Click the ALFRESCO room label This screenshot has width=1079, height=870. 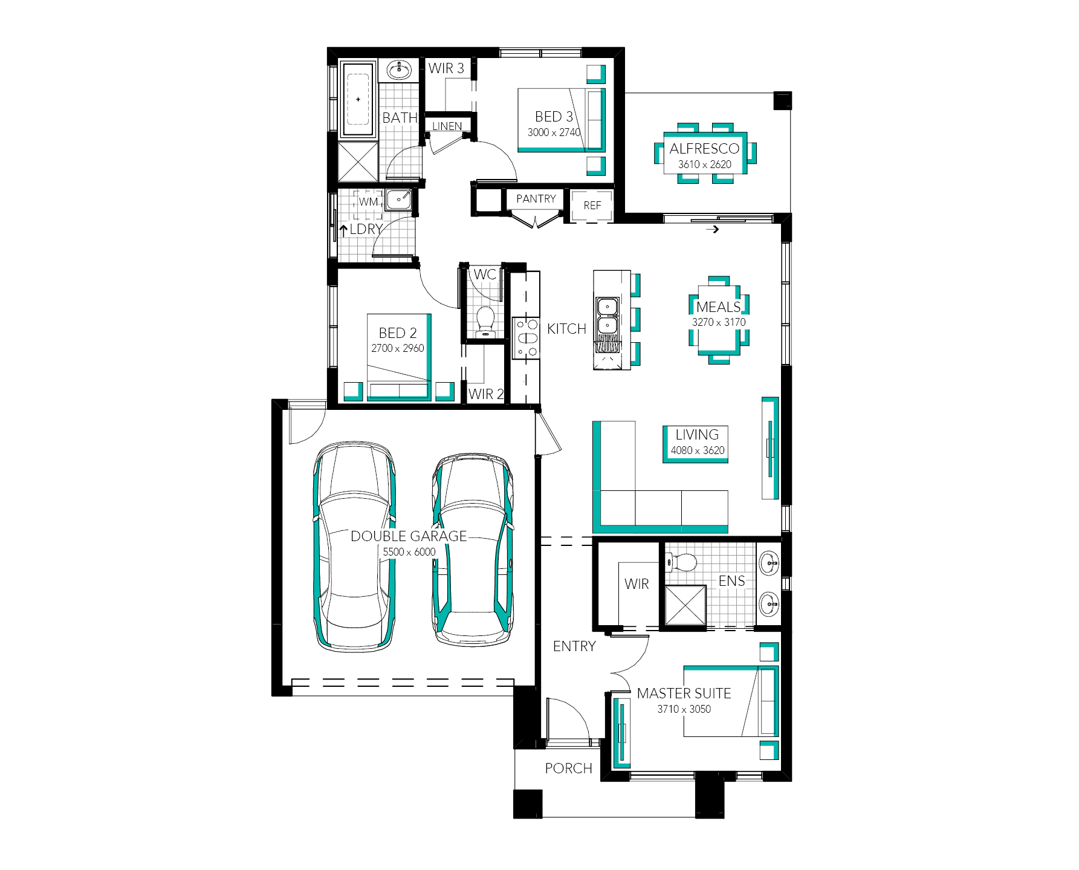tap(704, 148)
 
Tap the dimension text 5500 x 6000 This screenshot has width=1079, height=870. tap(409, 551)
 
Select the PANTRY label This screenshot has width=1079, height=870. tap(536, 198)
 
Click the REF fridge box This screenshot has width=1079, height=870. tap(592, 206)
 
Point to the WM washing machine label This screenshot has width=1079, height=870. tap(368, 202)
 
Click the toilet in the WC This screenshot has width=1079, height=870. tap(485, 321)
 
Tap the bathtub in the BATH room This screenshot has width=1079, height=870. tap(358, 99)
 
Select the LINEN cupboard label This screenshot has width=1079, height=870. tap(447, 126)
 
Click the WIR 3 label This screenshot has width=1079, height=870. tap(446, 68)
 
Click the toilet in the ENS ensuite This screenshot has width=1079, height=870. tap(681, 563)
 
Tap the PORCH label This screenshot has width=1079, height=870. tap(568, 768)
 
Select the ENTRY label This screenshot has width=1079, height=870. tap(574, 646)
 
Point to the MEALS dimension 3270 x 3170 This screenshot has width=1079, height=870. tap(719, 322)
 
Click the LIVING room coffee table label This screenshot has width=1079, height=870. tap(697, 435)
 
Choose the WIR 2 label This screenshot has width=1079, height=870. tap(486, 394)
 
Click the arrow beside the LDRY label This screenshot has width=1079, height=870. tap(343, 230)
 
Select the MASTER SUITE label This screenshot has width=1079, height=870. tap(684, 693)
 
